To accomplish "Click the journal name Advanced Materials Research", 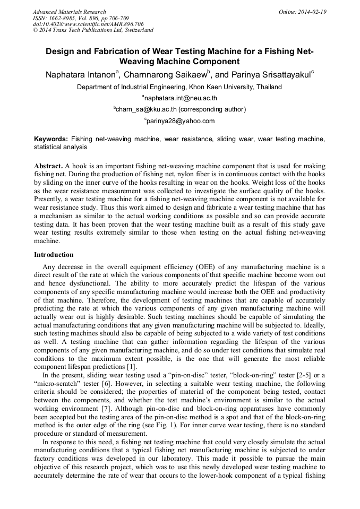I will click(69, 12).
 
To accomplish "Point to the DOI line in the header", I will click(88, 24).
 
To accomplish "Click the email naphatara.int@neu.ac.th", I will click(181, 98).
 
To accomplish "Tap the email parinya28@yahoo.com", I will click(181, 121).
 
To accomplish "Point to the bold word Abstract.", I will click(48, 166).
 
